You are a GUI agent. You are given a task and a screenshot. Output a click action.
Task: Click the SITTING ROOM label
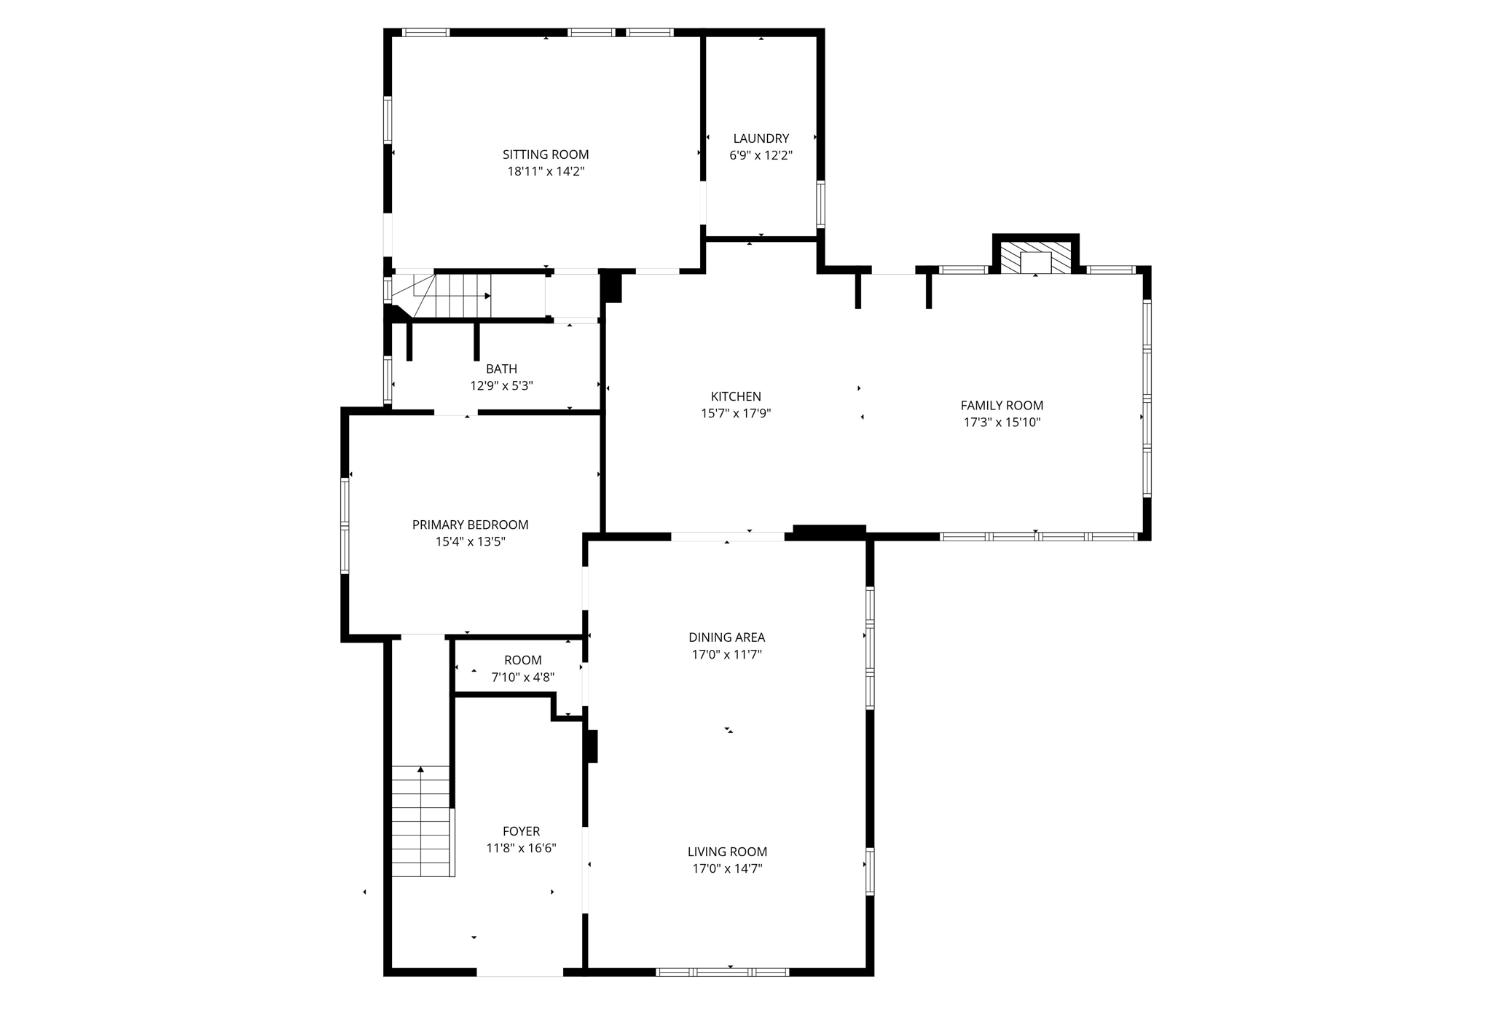tap(546, 154)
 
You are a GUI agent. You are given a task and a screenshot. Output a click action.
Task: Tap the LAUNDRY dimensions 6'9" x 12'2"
tap(761, 155)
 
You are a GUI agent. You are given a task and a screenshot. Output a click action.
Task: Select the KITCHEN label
tap(736, 396)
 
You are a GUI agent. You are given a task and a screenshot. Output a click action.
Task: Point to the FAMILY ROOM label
tap(1002, 405)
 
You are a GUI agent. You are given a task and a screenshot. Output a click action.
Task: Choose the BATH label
tap(501, 369)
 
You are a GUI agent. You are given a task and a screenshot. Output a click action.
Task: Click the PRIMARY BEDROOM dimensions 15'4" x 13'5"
tap(470, 541)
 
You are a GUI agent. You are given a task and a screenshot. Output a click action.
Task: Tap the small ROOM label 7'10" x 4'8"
tap(522, 660)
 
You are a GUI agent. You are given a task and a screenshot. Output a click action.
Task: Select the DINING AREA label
tap(727, 637)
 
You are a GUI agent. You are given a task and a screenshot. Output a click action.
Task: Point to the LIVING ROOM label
tap(727, 852)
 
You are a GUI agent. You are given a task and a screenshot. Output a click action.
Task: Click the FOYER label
tap(521, 831)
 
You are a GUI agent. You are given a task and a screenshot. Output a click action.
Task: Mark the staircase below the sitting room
tap(452, 296)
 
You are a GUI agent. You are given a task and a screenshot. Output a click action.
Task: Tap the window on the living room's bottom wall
tap(722, 972)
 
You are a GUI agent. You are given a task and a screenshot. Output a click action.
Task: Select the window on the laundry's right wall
tap(820, 204)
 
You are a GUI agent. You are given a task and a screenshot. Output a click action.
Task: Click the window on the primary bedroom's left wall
tap(345, 525)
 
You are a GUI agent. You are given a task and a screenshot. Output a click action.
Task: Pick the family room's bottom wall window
tap(1037, 537)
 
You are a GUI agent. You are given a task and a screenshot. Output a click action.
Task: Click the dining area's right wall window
tap(870, 648)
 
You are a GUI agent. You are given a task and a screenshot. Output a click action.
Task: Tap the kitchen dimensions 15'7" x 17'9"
tap(736, 414)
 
